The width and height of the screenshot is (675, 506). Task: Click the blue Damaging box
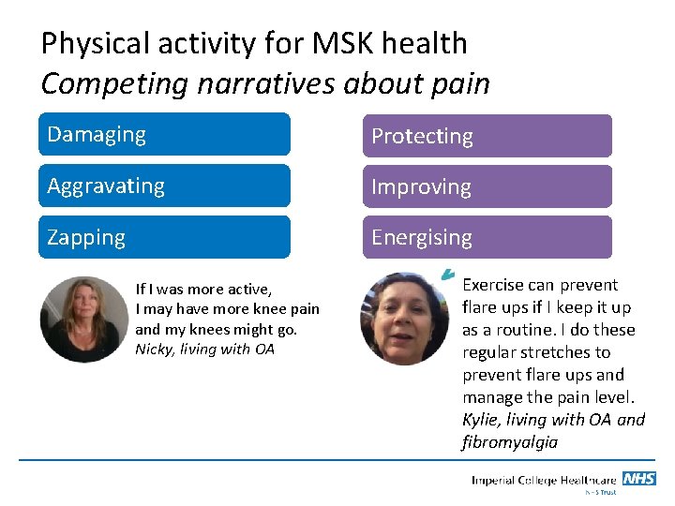tap(164, 134)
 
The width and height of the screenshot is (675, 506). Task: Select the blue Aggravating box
tap(164, 186)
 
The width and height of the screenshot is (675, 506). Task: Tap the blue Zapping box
tap(164, 237)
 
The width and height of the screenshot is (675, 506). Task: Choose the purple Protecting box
tap(487, 136)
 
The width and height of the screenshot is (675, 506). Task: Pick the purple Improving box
tap(487, 186)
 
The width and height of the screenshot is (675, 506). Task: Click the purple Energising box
tap(487, 237)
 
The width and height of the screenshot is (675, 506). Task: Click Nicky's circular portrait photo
tap(80, 320)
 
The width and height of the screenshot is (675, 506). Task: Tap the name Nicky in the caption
tap(154, 350)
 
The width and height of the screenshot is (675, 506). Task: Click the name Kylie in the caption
tap(481, 420)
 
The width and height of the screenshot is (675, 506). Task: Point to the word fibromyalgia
tap(510, 442)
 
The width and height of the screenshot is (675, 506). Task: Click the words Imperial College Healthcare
tap(544, 481)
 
